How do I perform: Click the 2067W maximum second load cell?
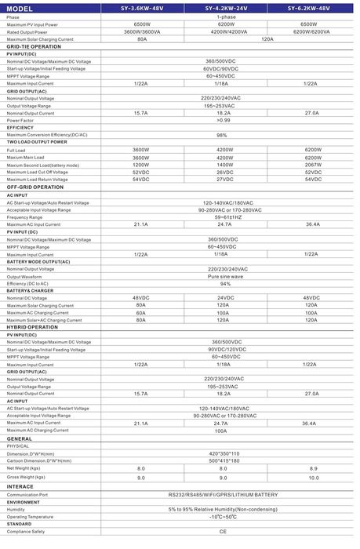click(313, 165)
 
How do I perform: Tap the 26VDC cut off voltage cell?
click(224, 172)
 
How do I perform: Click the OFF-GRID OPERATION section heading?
click(35, 187)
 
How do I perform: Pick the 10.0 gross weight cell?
click(313, 477)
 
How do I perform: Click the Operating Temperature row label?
click(30, 517)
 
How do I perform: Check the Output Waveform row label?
click(24, 276)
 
